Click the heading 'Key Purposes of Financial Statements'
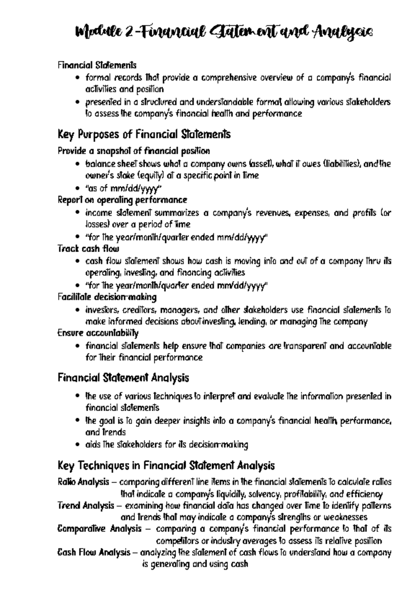(x=144, y=134)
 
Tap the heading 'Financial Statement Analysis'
(x=123, y=378)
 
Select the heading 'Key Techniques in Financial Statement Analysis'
(x=166, y=466)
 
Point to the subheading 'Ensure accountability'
(x=98, y=333)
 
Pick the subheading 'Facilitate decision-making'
(x=107, y=297)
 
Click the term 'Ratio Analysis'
(x=83, y=482)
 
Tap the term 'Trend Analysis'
(x=86, y=506)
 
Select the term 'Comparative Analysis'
(x=99, y=529)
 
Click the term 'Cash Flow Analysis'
(x=94, y=553)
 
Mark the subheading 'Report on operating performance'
(x=122, y=200)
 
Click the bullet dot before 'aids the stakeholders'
(x=78, y=445)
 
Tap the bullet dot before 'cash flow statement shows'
(x=78, y=261)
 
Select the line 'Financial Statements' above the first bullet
(x=97, y=65)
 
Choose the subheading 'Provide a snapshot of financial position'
(x=134, y=151)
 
